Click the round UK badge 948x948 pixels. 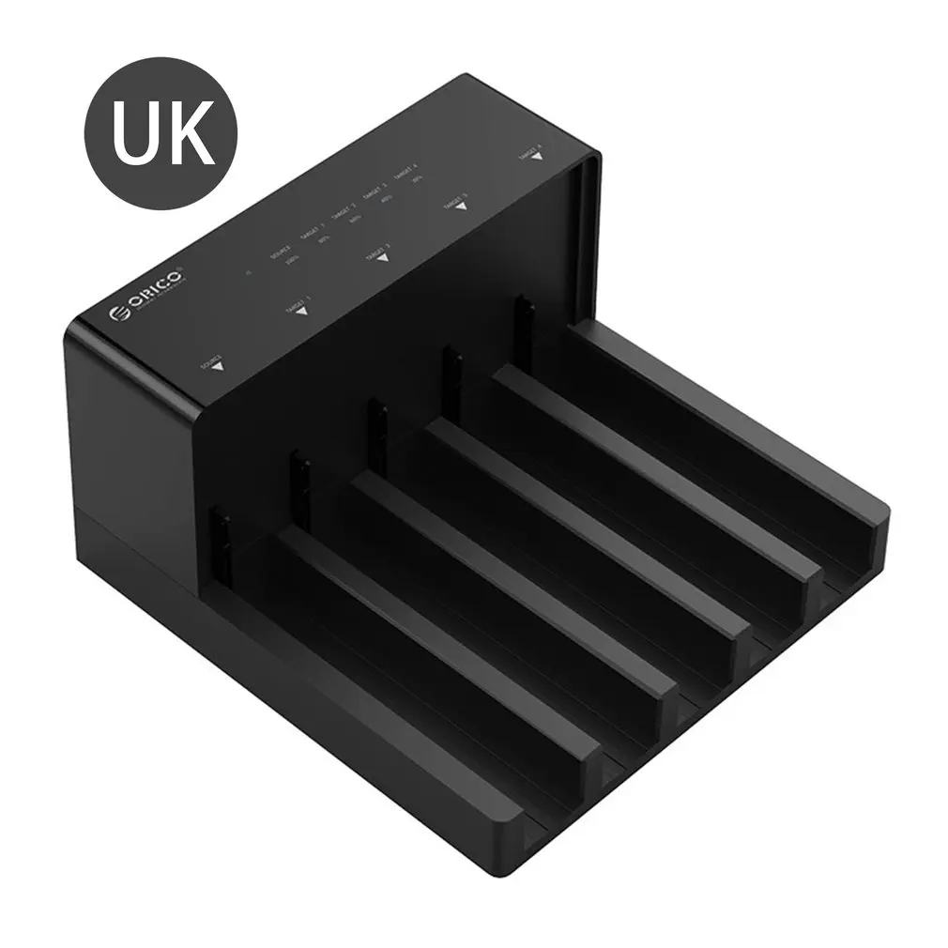pos(161,133)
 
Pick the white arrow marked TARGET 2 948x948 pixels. pos(380,257)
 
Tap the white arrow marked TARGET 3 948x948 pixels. pos(459,207)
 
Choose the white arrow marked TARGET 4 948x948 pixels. pos(536,156)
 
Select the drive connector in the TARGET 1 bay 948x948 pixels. pos(301,481)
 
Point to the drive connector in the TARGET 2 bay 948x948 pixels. pos(376,429)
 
